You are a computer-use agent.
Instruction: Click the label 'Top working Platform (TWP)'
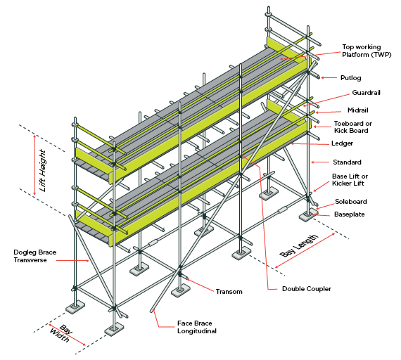point(362,51)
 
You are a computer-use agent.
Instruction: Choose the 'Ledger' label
point(343,144)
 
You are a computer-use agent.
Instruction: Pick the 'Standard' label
point(347,162)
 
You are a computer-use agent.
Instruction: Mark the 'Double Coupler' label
point(306,289)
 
